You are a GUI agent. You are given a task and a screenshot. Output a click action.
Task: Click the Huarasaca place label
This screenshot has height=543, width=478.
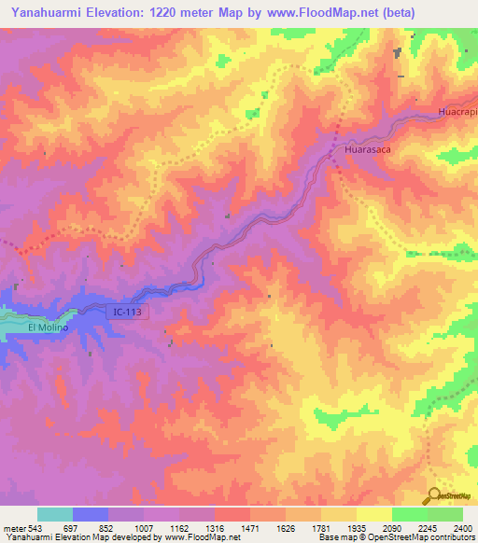[366, 147]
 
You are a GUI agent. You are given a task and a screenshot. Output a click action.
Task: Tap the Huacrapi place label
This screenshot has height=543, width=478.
[457, 112]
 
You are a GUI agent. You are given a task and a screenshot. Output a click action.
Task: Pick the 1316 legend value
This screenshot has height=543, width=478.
[214, 528]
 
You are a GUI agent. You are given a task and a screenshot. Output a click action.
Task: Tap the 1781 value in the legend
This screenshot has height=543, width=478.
[320, 528]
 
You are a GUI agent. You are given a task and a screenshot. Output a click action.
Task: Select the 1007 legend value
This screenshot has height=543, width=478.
[143, 528]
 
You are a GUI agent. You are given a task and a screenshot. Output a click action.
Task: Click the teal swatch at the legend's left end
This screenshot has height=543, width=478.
[55, 514]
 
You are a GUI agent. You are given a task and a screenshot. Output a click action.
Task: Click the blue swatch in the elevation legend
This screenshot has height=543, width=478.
[91, 514]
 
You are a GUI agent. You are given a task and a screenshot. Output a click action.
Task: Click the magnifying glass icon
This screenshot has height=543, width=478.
[435, 496]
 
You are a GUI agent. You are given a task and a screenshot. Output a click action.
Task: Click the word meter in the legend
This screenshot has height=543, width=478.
[12, 528]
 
